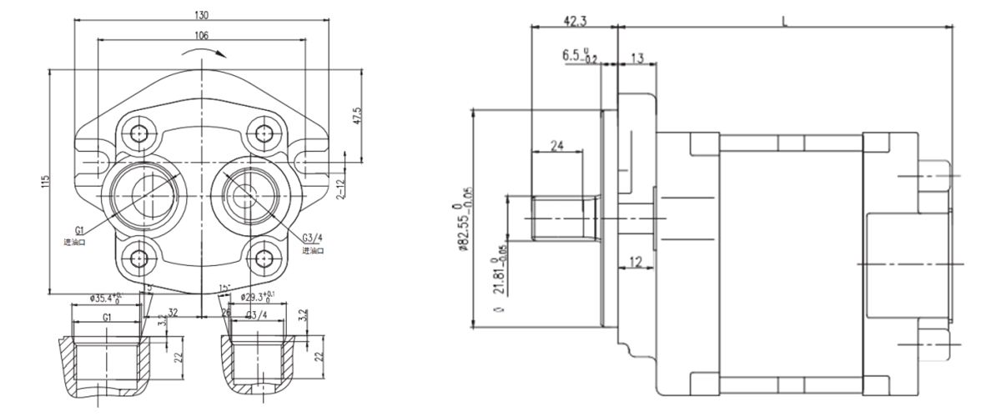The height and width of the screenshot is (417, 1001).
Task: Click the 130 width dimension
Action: [201, 14]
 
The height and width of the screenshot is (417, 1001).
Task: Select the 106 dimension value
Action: [201, 35]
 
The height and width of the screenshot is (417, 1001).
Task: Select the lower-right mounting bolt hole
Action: [264, 257]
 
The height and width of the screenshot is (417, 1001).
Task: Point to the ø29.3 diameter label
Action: [258, 296]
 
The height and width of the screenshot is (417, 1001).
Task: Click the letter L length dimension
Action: [785, 19]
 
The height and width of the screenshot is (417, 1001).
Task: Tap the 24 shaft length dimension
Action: [556, 145]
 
